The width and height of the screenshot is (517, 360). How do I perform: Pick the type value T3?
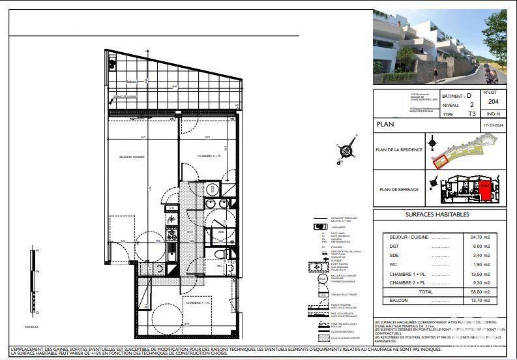(x=472, y=113)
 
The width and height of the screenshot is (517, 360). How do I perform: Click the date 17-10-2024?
(x=493, y=124)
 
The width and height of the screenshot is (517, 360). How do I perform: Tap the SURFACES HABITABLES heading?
(x=437, y=215)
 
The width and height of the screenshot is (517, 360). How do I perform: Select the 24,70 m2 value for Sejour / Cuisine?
(x=474, y=237)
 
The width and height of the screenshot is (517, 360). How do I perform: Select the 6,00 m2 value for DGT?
(x=474, y=247)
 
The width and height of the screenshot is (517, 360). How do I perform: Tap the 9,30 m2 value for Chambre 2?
(x=474, y=284)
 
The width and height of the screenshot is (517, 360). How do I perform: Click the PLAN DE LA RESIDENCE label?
(x=399, y=150)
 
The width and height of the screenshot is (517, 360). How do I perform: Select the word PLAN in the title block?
(x=385, y=124)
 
